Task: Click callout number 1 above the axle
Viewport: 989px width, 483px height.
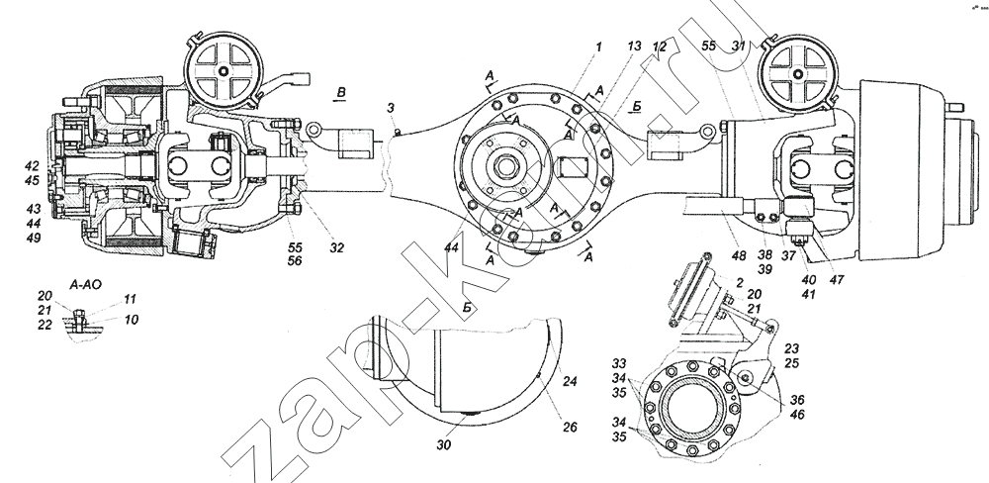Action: tap(598, 46)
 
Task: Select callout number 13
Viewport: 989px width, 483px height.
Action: tap(635, 47)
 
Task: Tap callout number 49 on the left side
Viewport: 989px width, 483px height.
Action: tap(33, 238)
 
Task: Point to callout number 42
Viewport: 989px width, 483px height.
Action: tap(33, 166)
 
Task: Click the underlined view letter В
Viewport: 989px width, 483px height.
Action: tap(341, 93)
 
